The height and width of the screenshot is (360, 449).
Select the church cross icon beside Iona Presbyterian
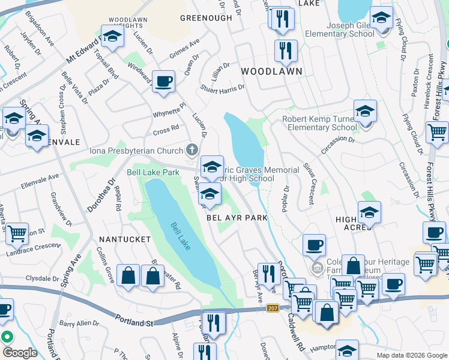click(191, 149)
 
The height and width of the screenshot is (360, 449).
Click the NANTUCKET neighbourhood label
click(124, 239)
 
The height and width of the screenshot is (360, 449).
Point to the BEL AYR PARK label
click(237, 218)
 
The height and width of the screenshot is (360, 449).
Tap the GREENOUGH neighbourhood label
click(206, 18)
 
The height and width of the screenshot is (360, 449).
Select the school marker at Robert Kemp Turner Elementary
click(365, 112)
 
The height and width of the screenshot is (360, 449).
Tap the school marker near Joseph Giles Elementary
click(381, 19)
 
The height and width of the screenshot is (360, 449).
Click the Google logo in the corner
click(20, 352)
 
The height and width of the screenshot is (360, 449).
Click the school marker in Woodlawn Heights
click(112, 37)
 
